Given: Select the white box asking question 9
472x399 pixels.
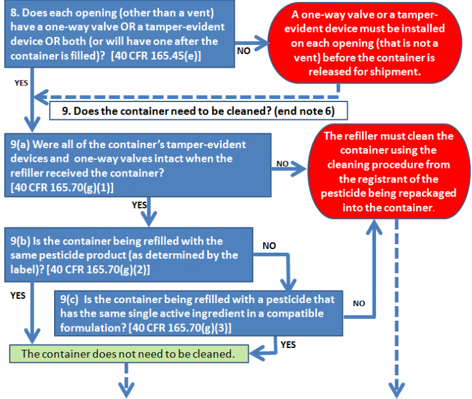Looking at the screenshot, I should pyautogui.click(x=200, y=112).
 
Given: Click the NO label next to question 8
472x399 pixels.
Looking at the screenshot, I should pyautogui.click(x=243, y=51).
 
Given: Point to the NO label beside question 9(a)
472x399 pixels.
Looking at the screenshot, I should pyautogui.click(x=283, y=164).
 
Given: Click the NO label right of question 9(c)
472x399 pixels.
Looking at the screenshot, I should pyautogui.click(x=359, y=303).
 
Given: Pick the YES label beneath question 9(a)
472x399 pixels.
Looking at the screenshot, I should pyautogui.click(x=140, y=205).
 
